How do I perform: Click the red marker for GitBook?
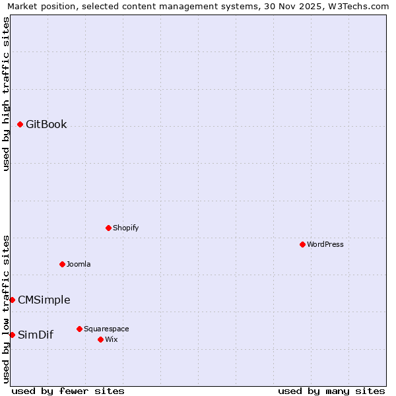tap(20, 124)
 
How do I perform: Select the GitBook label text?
tap(46, 125)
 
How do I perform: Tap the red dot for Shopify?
tap(109, 228)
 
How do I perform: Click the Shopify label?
tap(125, 228)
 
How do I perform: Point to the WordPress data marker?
tap(303, 244)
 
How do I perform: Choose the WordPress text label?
tap(325, 245)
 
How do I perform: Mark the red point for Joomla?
tap(63, 264)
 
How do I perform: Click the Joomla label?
tap(79, 265)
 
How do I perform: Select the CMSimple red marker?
tap(13, 300)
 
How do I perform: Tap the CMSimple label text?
tap(44, 300)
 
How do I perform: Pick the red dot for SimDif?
tap(13, 335)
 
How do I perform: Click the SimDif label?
tap(36, 335)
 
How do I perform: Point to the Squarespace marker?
tap(80, 329)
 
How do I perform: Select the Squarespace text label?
tap(106, 329)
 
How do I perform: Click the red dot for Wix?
tap(101, 339)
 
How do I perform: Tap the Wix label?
tap(111, 340)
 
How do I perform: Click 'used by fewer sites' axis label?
tap(68, 391)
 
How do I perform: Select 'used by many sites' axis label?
tap(331, 391)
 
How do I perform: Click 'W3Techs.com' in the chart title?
tap(358, 7)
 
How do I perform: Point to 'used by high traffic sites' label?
tap(6, 94)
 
